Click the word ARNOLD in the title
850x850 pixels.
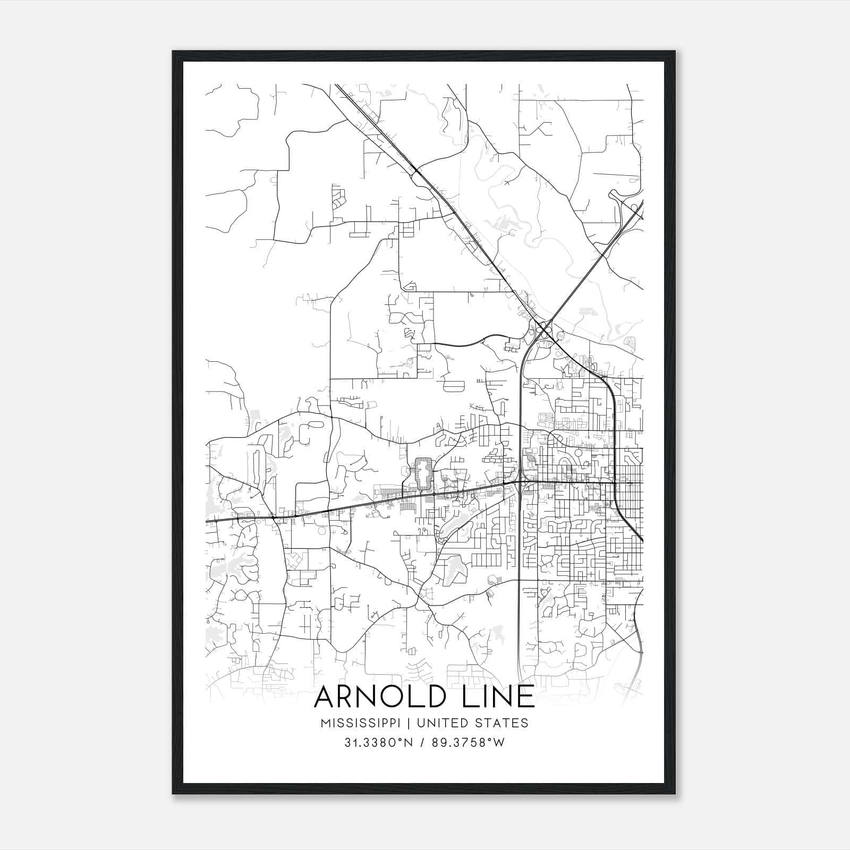tap(378, 697)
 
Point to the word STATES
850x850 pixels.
tap(502, 723)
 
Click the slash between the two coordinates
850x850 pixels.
tap(422, 743)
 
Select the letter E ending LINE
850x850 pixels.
tap(525, 697)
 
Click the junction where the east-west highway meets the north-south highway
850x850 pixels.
tap(518, 482)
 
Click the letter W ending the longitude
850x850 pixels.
tap(498, 743)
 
